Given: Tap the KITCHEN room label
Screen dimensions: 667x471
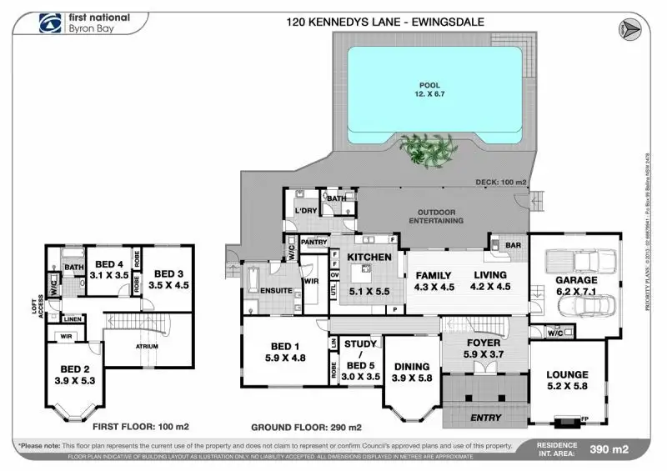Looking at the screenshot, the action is point(369,258).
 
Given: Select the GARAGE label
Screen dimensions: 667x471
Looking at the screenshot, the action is point(576,281).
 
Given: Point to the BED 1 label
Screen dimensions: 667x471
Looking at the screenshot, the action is point(284,347).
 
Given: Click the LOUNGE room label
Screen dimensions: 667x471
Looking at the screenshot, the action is point(567,375).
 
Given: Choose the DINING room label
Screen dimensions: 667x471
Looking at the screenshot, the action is point(412,367).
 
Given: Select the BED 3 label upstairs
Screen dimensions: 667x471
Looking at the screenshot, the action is point(169,273).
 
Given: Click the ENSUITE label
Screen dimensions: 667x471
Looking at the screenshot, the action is point(276,291).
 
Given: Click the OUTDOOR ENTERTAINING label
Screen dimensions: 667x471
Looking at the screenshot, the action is point(435,215).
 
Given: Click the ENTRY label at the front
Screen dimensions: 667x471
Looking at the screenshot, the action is point(486,417).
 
